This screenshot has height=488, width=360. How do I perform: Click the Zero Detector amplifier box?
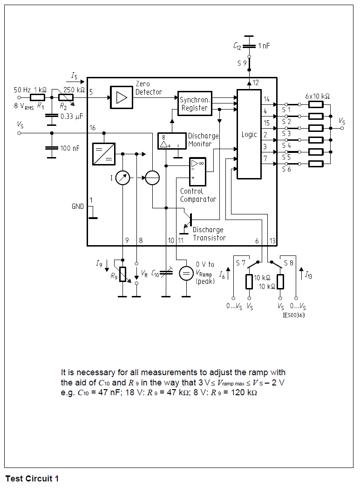(122, 97)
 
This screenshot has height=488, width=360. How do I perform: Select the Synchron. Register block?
(196, 103)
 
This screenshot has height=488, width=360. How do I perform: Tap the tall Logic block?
(249, 134)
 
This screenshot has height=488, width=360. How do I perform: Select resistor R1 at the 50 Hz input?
(37, 97)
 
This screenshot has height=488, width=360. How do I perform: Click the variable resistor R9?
(122, 274)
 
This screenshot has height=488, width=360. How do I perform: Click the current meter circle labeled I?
(122, 178)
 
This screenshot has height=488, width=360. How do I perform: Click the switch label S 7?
(240, 263)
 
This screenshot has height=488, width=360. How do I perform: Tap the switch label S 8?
(289, 263)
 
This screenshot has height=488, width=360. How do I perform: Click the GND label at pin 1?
(77, 206)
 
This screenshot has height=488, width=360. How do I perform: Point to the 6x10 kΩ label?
(317, 96)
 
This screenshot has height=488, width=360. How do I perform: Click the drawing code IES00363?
(293, 315)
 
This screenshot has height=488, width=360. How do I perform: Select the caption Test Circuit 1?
(32, 479)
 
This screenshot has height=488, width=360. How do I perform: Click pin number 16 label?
(92, 128)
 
